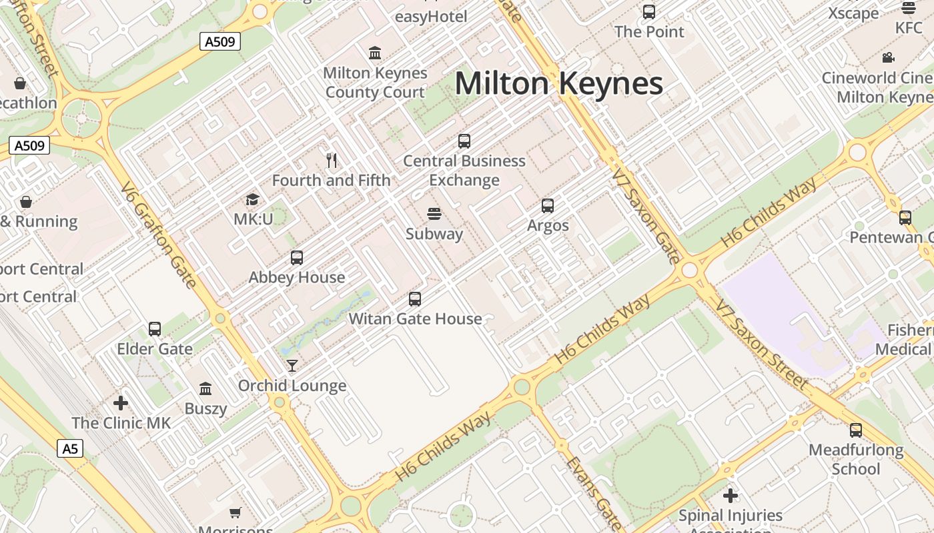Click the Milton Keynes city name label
[x=558, y=84]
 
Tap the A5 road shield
[x=70, y=448]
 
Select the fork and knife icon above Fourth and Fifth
[x=332, y=160]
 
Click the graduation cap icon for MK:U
[x=252, y=199]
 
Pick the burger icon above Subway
[x=434, y=214]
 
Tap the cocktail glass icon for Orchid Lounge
[x=292, y=365]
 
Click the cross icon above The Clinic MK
[x=121, y=403]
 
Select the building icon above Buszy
[x=205, y=388]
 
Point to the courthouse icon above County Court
[x=375, y=53]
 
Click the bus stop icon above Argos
[x=548, y=206]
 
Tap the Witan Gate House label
[x=415, y=318]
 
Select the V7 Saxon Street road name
[x=761, y=344]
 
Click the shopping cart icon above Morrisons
[x=235, y=512]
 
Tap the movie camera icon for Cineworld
[x=888, y=58]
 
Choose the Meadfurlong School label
[x=856, y=459]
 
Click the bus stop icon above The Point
[x=648, y=12]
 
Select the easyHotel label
[x=431, y=17]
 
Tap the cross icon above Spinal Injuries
[x=731, y=496]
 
